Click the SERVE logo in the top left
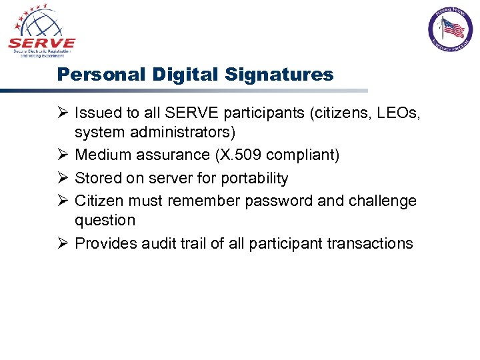click(41, 31)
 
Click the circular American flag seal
click(449, 29)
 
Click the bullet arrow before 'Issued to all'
click(63, 114)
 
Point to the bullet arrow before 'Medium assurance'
click(63, 155)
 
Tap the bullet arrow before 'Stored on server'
click(63, 178)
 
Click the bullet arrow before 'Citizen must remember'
click(63, 201)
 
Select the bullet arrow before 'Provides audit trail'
click(63, 243)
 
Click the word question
click(105, 220)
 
